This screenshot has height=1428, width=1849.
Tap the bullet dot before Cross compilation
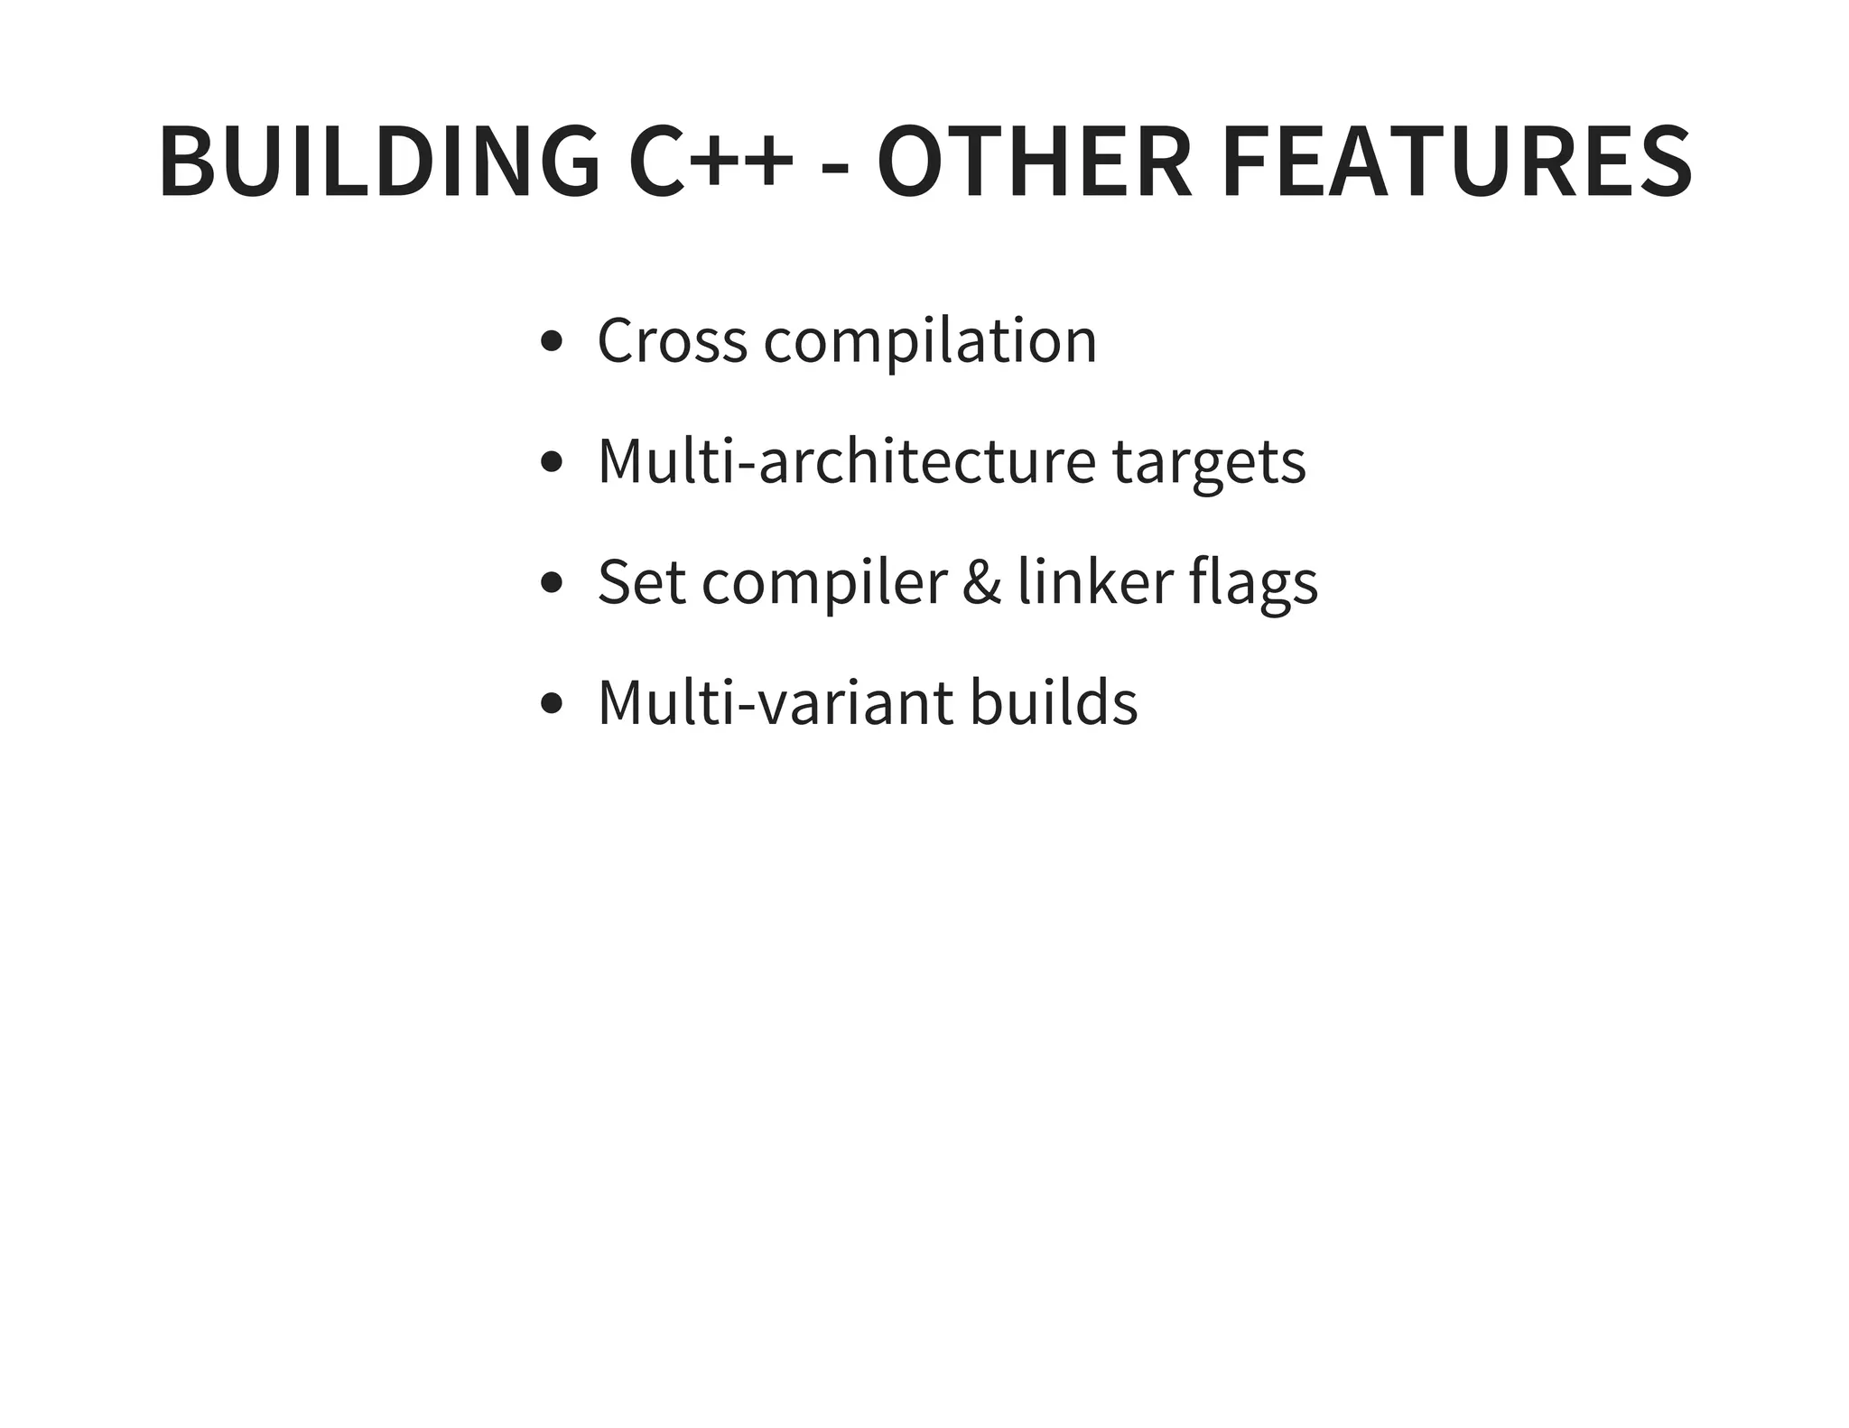click(x=551, y=342)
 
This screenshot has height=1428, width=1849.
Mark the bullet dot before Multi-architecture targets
click(x=551, y=463)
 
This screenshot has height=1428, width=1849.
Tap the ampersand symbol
click(x=982, y=582)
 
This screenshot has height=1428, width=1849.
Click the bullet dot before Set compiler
click(x=551, y=583)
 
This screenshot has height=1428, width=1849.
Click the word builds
click(x=1054, y=703)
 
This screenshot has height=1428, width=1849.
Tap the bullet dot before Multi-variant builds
click(x=551, y=703)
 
